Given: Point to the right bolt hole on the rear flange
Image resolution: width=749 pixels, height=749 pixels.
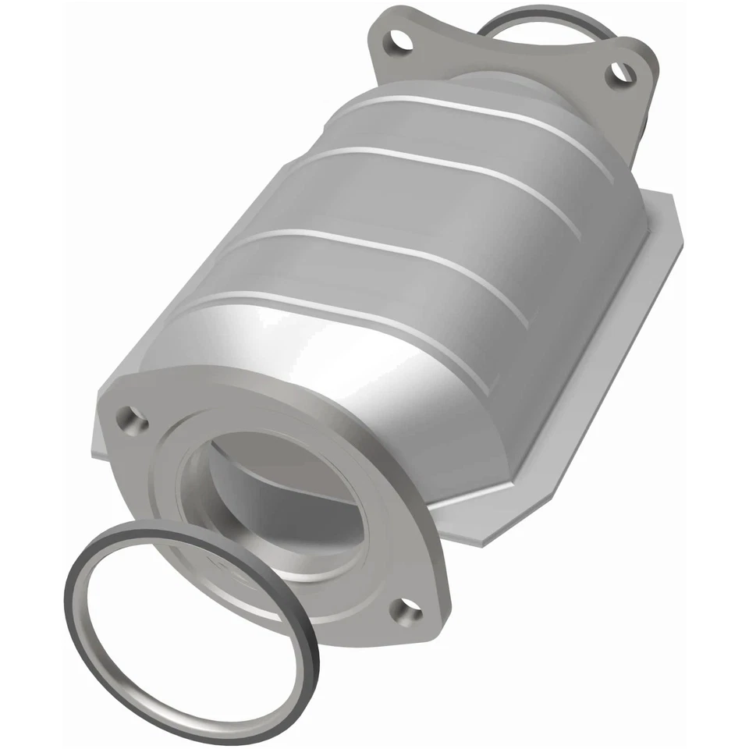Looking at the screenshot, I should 621,73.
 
